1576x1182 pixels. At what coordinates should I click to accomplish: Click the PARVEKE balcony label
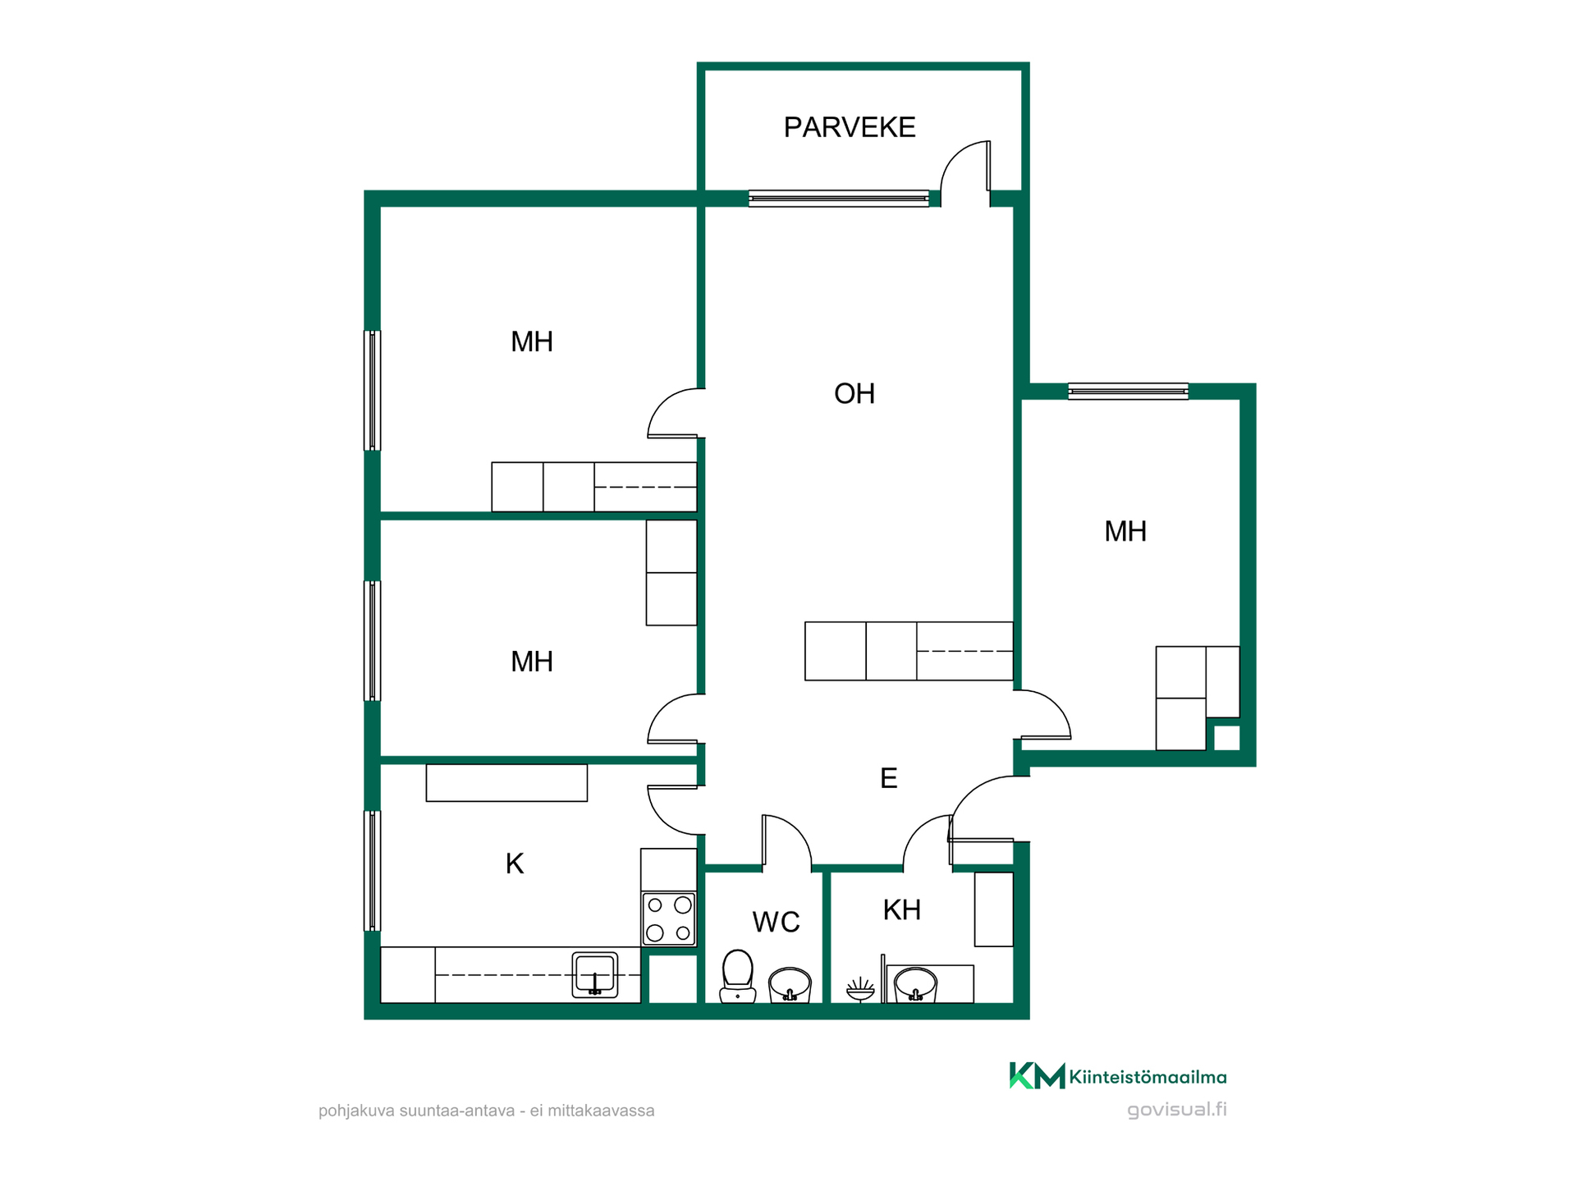pos(850,127)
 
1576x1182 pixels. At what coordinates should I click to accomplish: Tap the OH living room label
pos(854,394)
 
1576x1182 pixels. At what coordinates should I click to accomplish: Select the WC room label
pos(776,923)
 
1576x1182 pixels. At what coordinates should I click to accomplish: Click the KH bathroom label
pos(901,910)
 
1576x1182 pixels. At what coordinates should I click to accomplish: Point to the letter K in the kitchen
pos(515,864)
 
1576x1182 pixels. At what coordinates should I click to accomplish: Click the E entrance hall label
pos(889,778)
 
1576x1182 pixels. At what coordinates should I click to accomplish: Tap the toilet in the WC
pos(737,977)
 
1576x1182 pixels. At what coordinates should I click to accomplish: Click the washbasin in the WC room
pos(790,985)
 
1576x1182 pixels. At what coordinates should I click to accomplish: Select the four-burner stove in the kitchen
pos(669,919)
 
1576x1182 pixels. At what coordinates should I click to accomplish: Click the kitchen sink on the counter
pos(595,974)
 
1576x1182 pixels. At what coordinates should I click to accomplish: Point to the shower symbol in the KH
pos(860,989)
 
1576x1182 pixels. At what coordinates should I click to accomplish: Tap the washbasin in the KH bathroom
pos(915,984)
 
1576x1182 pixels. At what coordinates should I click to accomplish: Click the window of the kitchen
pos(373,871)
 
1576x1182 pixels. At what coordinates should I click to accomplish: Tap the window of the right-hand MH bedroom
pos(1128,392)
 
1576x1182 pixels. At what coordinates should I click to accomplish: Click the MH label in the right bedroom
pos(1125,532)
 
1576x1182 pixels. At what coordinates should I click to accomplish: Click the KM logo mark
pos(1037,1075)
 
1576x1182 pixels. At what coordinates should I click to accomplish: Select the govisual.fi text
pos(1177,1110)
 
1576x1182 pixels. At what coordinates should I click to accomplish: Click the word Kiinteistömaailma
pos(1148,1077)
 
